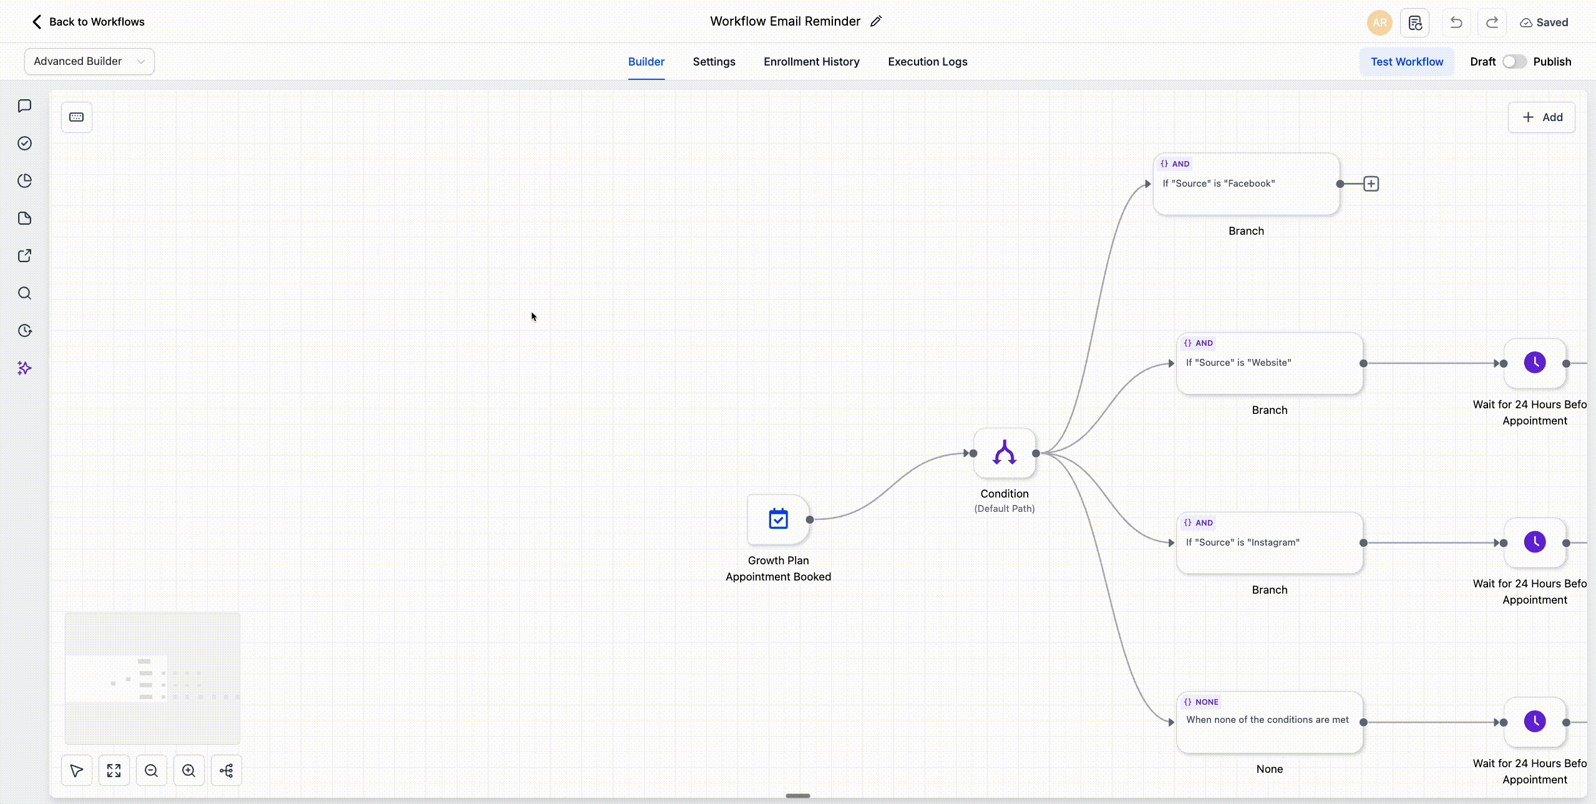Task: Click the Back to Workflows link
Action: [x=88, y=22]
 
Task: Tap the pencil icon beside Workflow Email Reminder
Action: [x=876, y=21]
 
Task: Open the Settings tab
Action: [x=714, y=62]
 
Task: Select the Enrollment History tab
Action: [x=811, y=62]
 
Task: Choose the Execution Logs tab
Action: [x=927, y=62]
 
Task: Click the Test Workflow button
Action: [x=1407, y=62]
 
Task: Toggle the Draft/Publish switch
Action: [x=1514, y=62]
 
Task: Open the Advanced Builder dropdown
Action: [x=89, y=61]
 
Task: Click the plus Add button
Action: [x=1541, y=117]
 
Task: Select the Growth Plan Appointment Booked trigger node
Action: [x=778, y=519]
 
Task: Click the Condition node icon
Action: [x=1005, y=453]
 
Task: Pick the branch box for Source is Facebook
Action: [x=1246, y=184]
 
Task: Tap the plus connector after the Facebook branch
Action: [x=1371, y=184]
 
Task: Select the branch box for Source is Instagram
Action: [x=1270, y=543]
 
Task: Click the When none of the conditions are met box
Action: [x=1270, y=722]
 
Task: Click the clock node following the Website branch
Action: [x=1535, y=363]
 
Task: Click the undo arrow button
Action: [x=1456, y=22]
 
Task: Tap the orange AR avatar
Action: [x=1379, y=22]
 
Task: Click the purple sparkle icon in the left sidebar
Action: [x=24, y=368]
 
